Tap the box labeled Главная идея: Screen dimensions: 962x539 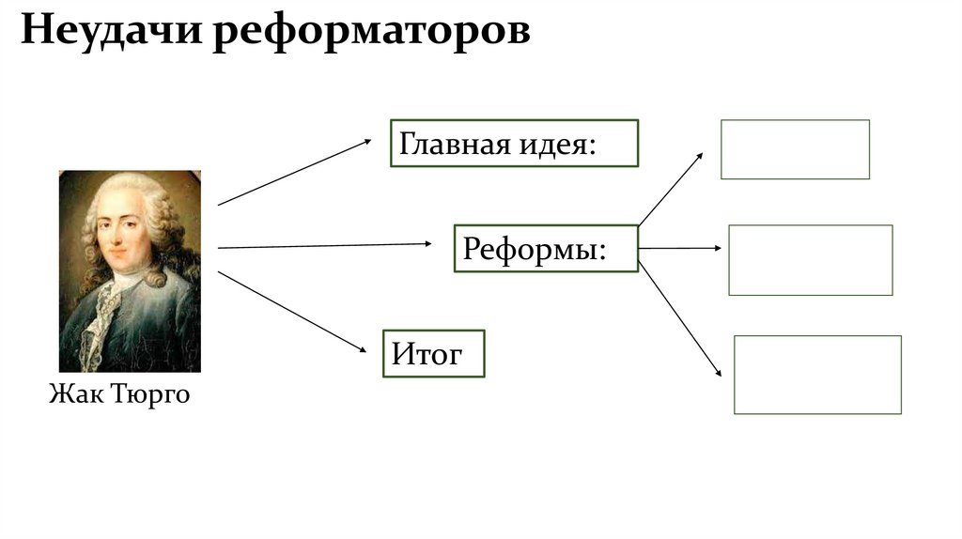[x=514, y=143]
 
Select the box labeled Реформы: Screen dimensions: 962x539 [x=546, y=248]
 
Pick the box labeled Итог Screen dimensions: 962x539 [x=433, y=353]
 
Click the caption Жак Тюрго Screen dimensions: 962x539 [x=119, y=393]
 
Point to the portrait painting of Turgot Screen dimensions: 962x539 [x=130, y=271]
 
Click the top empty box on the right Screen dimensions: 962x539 [x=795, y=148]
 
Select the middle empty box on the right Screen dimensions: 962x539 [x=810, y=260]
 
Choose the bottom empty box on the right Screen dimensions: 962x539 [x=817, y=374]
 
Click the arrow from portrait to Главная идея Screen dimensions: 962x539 [x=295, y=172]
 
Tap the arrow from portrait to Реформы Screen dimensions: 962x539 [x=324, y=245]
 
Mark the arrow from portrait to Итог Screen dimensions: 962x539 [x=291, y=312]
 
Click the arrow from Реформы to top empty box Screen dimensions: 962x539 [x=669, y=189]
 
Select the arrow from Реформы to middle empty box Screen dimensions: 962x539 [x=679, y=248]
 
